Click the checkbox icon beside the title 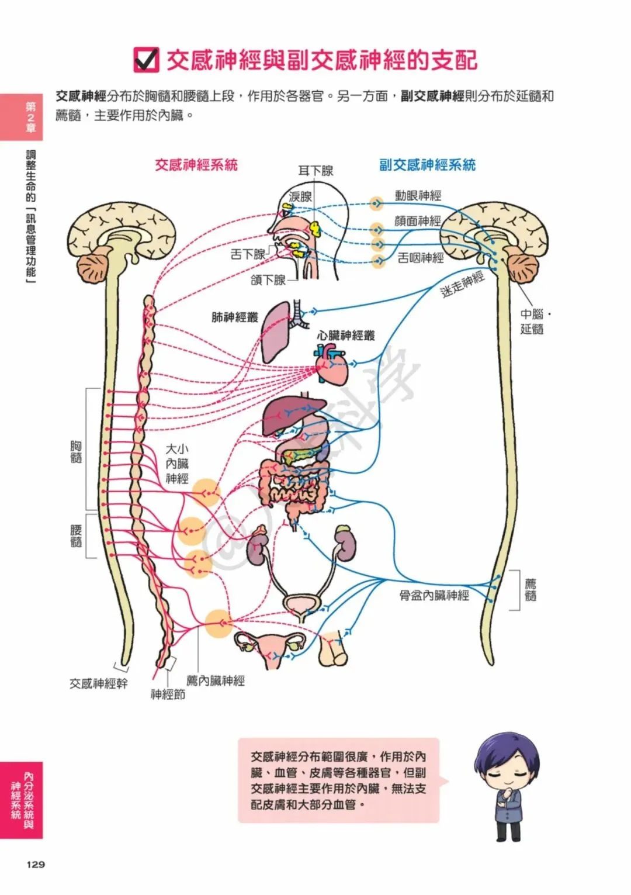pyautogui.click(x=146, y=60)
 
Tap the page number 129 pyautogui.click(x=36, y=864)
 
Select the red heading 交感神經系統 pyautogui.click(x=196, y=165)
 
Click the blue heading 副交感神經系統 pyautogui.click(x=427, y=165)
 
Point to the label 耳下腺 pyautogui.click(x=315, y=171)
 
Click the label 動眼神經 pyautogui.click(x=418, y=196)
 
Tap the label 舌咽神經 pyautogui.click(x=421, y=257)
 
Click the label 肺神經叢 pyautogui.click(x=234, y=317)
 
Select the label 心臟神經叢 pyautogui.click(x=346, y=336)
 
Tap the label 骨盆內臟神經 pyautogui.click(x=434, y=596)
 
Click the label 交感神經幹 pyautogui.click(x=98, y=683)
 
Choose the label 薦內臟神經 pyautogui.click(x=216, y=680)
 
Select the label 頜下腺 pyautogui.click(x=268, y=280)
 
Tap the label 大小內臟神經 pyautogui.click(x=177, y=464)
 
